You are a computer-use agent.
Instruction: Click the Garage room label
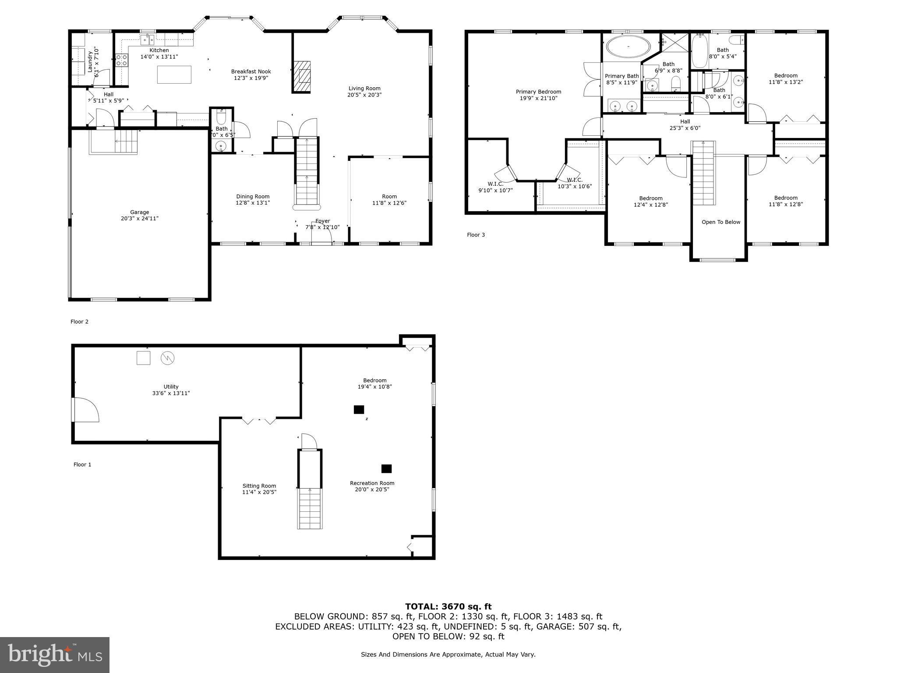pyautogui.click(x=139, y=212)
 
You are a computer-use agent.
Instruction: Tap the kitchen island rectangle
pyautogui.click(x=174, y=74)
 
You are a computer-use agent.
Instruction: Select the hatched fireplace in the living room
pyautogui.click(x=302, y=76)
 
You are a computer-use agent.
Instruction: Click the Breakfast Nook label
pyautogui.click(x=251, y=71)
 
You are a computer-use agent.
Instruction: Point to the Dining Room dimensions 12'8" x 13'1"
pyautogui.click(x=253, y=203)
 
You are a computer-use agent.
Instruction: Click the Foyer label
pyautogui.click(x=322, y=221)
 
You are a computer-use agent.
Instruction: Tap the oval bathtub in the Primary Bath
pyautogui.click(x=628, y=47)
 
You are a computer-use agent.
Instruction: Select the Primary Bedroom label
pyautogui.click(x=538, y=92)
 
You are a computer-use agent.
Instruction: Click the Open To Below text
pyautogui.click(x=720, y=222)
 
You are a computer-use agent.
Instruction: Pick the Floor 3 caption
pyautogui.click(x=476, y=235)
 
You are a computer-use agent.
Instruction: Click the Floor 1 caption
pyautogui.click(x=82, y=464)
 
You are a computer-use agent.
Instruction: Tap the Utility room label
pyautogui.click(x=171, y=386)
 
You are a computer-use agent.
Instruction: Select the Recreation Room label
pyautogui.click(x=372, y=483)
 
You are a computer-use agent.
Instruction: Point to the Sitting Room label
pyautogui.click(x=259, y=485)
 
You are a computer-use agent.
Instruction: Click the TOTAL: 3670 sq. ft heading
pyautogui.click(x=448, y=606)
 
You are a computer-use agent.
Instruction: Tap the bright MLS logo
pyautogui.click(x=55, y=655)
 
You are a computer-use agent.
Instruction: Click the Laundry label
pyautogui.click(x=90, y=62)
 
